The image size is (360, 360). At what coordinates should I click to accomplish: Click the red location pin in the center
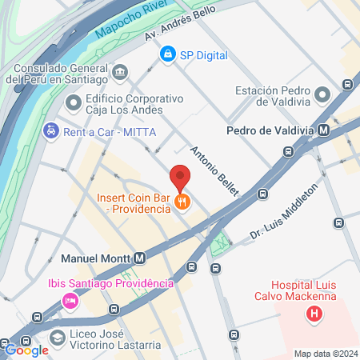[x=180, y=177]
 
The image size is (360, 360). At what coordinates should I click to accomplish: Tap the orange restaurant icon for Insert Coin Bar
[x=183, y=202]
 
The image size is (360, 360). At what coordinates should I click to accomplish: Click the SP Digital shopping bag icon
[x=167, y=55]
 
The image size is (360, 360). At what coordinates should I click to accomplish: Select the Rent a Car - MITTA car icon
[x=50, y=130]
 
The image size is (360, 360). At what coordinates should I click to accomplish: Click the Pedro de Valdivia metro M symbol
[x=322, y=130]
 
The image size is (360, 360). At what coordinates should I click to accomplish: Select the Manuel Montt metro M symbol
[x=140, y=258]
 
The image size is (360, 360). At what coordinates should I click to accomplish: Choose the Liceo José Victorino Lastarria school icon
[x=57, y=338]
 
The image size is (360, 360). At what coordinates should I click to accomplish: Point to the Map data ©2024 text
[x=324, y=354]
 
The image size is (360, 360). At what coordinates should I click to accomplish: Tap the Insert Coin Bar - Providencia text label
[x=134, y=202]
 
